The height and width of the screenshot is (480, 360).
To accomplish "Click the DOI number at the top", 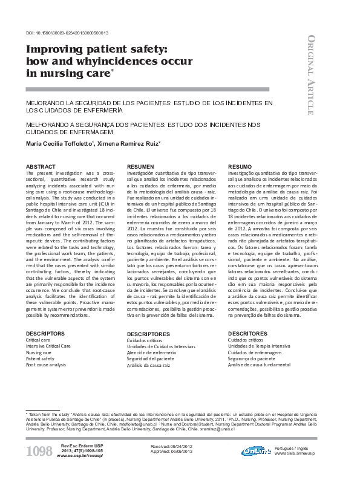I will (x=68, y=33).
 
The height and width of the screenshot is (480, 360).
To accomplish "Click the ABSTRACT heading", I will (x=41, y=166).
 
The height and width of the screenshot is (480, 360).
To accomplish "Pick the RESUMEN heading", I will (x=140, y=166).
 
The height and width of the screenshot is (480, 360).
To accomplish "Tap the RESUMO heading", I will (x=240, y=166).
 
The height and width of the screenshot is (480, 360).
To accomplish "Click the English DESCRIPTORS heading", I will (x=45, y=333).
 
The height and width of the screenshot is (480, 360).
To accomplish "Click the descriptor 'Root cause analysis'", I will (x=46, y=366).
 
